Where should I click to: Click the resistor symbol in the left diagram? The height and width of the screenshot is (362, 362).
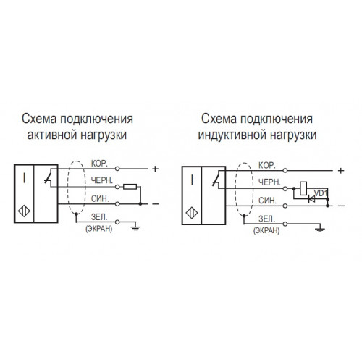click(130, 187)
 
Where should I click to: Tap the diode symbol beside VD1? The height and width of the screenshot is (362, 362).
click(312, 199)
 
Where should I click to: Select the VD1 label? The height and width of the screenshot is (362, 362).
click(320, 193)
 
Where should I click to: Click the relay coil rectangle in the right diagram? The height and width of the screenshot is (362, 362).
click(303, 188)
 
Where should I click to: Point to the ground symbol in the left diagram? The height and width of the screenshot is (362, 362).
click(135, 227)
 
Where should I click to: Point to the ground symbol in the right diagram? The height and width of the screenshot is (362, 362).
click(320, 230)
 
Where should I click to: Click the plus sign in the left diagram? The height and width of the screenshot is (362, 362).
click(155, 169)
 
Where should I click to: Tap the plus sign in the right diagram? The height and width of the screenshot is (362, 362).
click(341, 171)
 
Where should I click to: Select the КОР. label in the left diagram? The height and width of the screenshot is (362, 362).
click(99, 164)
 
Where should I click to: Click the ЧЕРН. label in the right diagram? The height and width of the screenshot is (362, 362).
click(269, 182)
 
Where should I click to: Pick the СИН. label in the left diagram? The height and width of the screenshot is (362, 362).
click(100, 198)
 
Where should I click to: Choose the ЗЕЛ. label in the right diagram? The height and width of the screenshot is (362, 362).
click(267, 219)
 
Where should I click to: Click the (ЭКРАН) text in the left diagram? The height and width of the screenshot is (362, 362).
click(99, 229)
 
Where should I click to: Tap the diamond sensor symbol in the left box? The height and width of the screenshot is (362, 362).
click(24, 211)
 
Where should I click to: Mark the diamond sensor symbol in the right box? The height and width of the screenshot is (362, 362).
click(192, 213)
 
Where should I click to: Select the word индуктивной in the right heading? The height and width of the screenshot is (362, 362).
click(232, 135)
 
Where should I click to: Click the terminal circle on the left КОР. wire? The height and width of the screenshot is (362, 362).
click(117, 169)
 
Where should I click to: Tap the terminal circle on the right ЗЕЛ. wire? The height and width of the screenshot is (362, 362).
click(285, 224)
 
